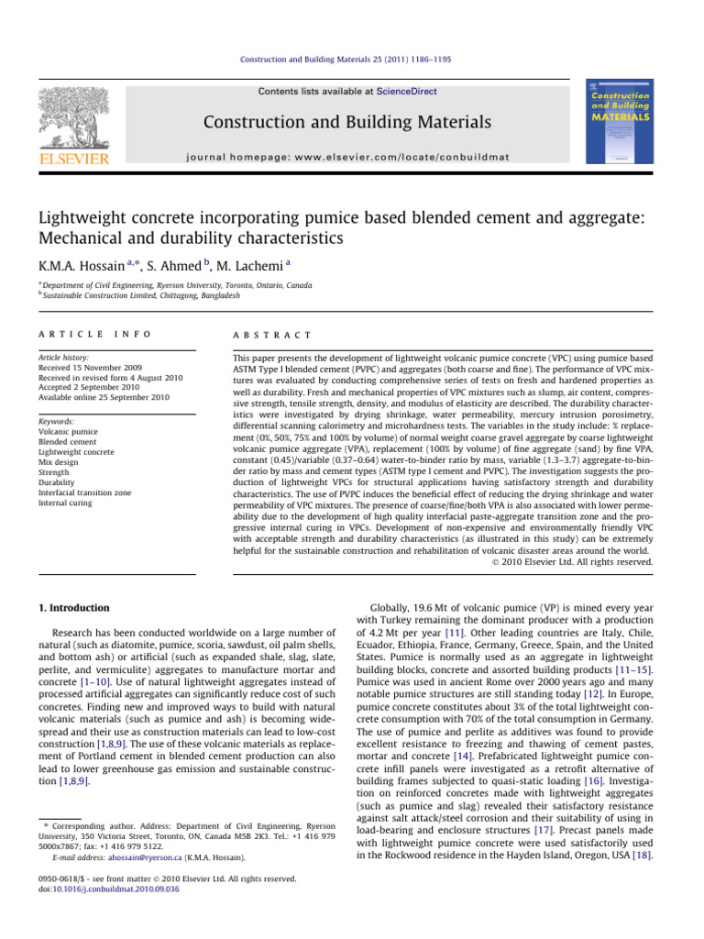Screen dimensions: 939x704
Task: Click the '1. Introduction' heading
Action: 74,608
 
